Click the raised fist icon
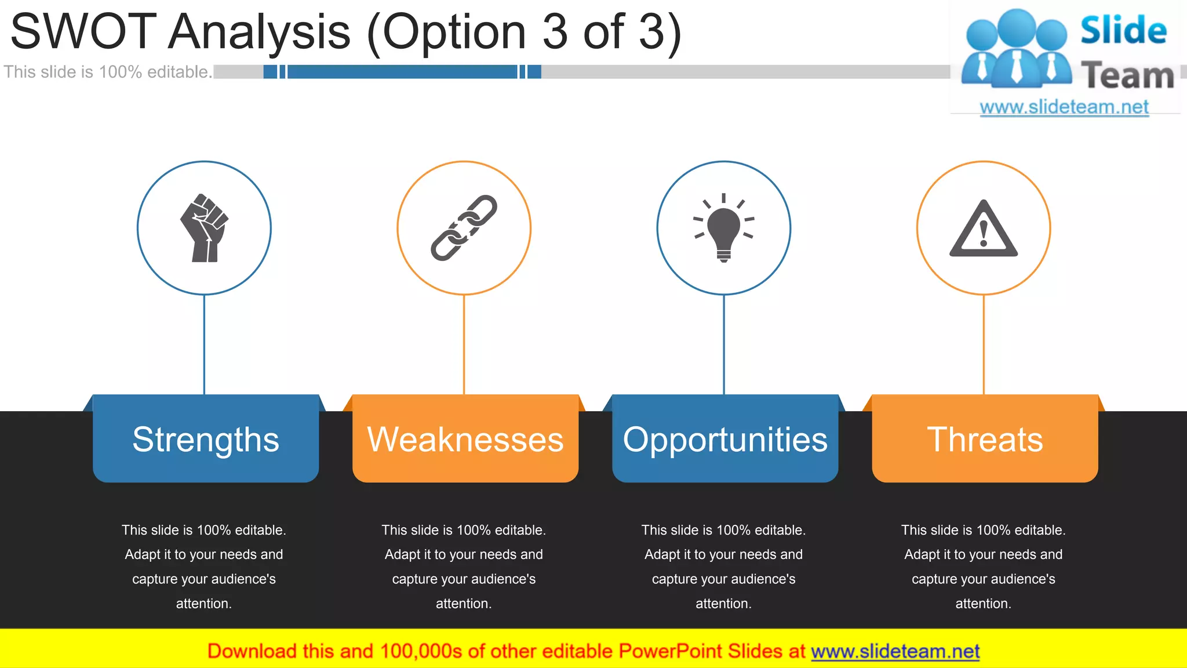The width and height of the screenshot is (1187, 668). (x=204, y=228)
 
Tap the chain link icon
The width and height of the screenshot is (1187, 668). (x=464, y=228)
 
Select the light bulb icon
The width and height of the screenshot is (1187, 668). (x=723, y=228)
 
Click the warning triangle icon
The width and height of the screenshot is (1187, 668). (x=984, y=230)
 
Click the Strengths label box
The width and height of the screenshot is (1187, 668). (x=206, y=439)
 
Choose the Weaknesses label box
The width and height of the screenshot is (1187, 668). (x=465, y=439)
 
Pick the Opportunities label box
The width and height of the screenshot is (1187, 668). (x=725, y=439)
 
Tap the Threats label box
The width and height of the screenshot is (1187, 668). (x=985, y=439)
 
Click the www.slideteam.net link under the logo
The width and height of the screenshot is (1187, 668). (x=1064, y=107)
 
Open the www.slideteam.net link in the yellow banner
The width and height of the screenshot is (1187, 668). (x=895, y=651)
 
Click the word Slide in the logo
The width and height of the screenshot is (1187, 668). (x=1123, y=31)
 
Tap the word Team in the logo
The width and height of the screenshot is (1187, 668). (x=1127, y=75)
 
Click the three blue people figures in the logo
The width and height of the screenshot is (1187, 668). (x=1016, y=49)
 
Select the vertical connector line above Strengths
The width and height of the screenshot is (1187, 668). (x=204, y=344)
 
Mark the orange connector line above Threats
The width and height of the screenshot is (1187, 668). (x=984, y=344)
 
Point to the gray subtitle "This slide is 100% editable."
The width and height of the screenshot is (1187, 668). (x=108, y=72)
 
